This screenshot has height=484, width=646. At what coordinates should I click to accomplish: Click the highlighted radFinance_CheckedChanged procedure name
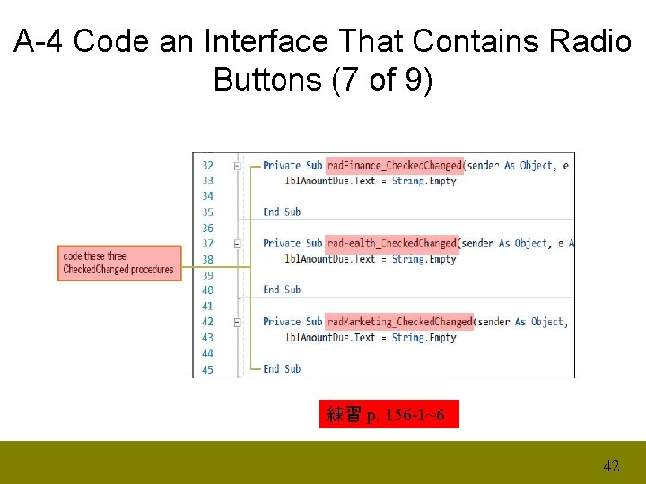(395, 165)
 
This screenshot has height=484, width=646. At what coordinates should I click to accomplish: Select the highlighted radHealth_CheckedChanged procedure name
(392, 243)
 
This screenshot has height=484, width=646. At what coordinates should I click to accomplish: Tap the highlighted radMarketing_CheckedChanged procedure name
(399, 322)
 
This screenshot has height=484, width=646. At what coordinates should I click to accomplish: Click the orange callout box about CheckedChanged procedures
(119, 263)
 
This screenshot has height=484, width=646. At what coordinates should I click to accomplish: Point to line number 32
(207, 165)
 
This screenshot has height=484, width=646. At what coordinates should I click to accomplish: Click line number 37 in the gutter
(207, 243)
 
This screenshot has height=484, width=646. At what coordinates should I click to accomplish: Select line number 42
(207, 322)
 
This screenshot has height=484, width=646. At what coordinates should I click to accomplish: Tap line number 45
(207, 369)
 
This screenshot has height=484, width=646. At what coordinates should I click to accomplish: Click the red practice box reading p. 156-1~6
(388, 414)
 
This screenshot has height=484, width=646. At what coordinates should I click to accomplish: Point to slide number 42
(611, 465)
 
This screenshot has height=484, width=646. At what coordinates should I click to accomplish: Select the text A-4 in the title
(39, 41)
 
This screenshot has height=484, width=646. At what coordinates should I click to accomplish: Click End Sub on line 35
(282, 212)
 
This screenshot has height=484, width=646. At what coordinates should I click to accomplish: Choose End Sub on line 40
(282, 290)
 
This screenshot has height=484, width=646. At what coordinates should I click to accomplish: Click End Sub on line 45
(282, 368)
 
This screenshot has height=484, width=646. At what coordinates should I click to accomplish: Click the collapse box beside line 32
(237, 166)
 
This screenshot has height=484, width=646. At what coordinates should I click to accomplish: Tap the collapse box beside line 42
(237, 322)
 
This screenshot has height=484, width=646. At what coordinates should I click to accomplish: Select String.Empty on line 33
(423, 181)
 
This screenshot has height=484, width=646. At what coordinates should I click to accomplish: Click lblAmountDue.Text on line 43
(329, 338)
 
